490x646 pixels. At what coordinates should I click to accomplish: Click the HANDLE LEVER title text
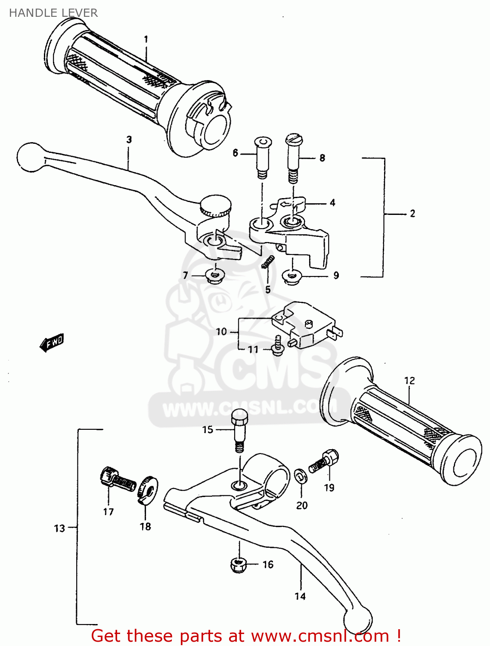coord(53,13)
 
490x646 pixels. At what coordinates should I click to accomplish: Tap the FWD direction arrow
coord(52,342)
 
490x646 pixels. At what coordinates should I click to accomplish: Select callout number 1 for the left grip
coord(146,40)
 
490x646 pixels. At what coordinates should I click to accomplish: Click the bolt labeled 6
coord(262,158)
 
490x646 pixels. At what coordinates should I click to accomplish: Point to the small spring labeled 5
coord(268,262)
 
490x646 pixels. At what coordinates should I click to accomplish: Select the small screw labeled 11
coord(278,345)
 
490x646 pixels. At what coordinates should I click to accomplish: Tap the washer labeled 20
coord(300,476)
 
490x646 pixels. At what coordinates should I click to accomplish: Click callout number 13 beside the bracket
coord(59,528)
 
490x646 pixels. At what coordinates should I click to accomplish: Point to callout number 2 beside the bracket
coord(412,214)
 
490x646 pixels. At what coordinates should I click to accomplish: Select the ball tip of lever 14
coord(357,620)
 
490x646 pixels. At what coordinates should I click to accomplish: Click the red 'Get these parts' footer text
coord(246,636)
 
